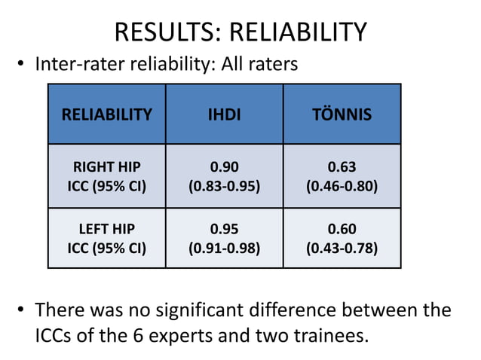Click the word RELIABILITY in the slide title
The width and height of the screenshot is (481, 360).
(298, 32)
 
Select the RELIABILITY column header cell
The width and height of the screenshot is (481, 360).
(106, 114)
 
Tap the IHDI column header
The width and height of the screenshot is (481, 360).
(224, 114)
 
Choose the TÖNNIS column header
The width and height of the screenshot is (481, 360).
(342, 114)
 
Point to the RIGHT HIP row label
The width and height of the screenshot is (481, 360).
(106, 166)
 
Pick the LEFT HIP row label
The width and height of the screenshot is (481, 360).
(106, 228)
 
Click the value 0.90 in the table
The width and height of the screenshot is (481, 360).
(224, 166)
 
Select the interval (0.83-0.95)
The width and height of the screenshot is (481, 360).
(224, 185)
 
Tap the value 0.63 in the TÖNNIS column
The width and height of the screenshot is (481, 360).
(342, 166)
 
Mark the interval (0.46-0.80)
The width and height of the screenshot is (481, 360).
(342, 185)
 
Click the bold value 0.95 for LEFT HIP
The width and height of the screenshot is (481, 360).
(224, 228)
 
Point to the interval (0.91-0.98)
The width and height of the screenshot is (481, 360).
(224, 248)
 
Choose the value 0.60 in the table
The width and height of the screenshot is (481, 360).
(342, 228)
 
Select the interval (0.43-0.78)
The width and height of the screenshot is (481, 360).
(342, 248)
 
